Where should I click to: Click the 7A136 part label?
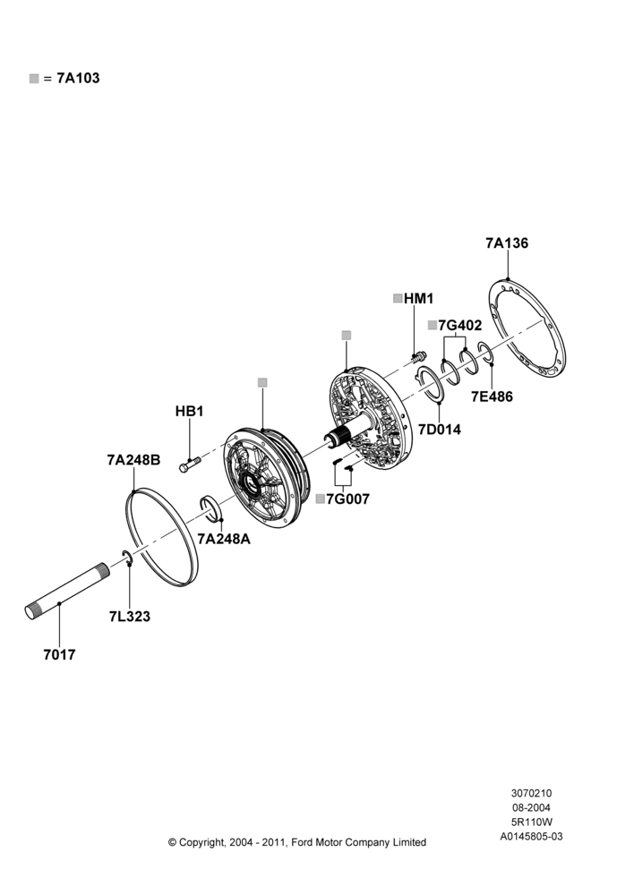coord(507,243)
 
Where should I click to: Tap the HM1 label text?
coord(419,299)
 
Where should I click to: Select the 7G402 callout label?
coord(459,326)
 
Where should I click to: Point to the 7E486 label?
coord(492,396)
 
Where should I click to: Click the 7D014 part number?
coord(439,430)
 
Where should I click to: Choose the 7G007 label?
coord(347,499)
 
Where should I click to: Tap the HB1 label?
coord(189,412)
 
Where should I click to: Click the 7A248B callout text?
coord(133,460)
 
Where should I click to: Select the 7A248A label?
coord(224,539)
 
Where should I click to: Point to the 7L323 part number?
coord(130,617)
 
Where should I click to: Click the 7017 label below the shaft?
coord(59,655)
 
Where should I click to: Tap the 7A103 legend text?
coord(78,78)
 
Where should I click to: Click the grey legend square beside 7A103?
coord(34,79)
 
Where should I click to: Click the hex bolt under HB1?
coord(189,464)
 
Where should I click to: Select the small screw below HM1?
coord(418,357)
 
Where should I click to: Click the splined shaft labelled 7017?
coord(67,590)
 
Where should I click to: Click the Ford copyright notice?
coord(297,842)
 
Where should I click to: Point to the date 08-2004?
coord(531,807)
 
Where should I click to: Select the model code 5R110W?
coord(531,822)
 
